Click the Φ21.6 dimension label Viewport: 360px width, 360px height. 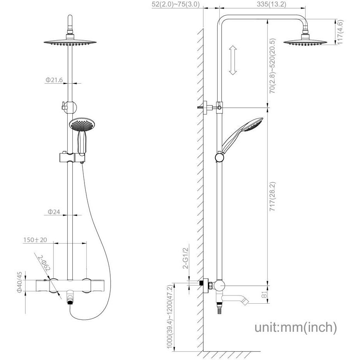54,80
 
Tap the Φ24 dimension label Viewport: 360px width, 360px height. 54,212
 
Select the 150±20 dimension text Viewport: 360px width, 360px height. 35,240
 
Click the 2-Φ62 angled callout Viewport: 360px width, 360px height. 44,263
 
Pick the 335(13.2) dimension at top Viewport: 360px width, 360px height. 271,4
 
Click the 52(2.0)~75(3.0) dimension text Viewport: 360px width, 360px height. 176,4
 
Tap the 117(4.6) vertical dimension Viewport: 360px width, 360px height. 340,32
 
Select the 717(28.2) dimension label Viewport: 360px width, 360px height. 272,197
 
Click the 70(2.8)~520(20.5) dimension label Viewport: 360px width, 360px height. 272,66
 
